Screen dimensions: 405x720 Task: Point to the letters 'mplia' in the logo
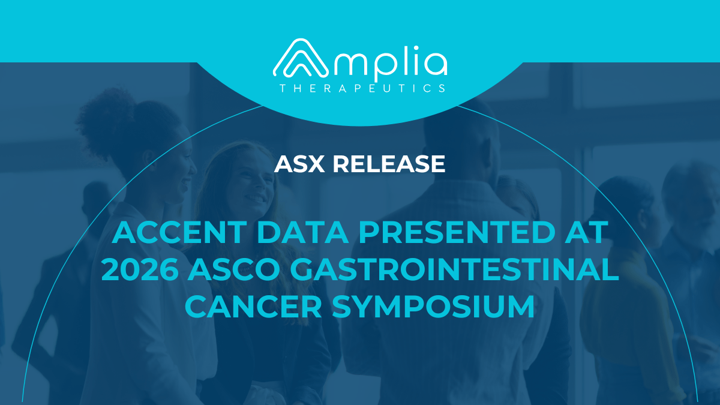point(390,63)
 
